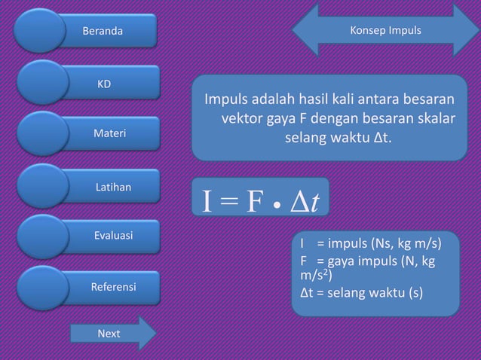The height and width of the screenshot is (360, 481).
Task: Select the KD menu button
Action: [x=102, y=82]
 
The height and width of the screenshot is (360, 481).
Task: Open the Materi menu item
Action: [x=109, y=133]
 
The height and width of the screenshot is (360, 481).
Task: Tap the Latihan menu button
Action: [x=112, y=185]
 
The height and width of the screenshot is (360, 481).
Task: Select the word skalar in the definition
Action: [x=437, y=120]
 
